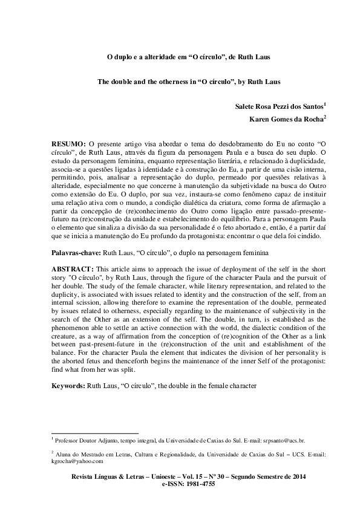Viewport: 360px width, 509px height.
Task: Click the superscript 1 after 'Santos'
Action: pos(325,103)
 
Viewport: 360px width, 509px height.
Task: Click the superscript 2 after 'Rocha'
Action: pos(325,117)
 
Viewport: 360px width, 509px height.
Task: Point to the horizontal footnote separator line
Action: pos(95,433)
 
